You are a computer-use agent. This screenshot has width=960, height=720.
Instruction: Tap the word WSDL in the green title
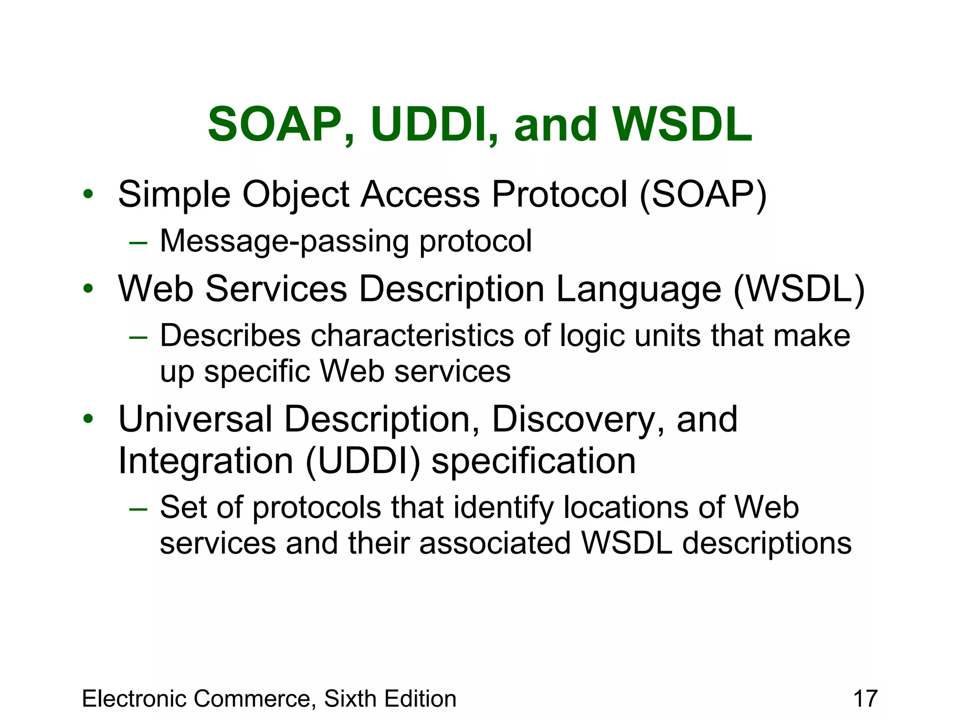point(682,125)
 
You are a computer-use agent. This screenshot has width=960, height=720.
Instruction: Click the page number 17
point(865,698)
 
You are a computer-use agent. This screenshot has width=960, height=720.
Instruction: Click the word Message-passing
point(285,241)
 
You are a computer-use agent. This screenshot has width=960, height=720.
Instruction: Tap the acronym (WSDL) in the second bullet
point(799,289)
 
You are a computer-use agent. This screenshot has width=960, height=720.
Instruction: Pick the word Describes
point(230,336)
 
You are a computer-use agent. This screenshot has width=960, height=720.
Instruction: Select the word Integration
point(206,461)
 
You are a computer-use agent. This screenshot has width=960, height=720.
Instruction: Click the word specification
point(533,461)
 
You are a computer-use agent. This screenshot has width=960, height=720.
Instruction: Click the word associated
point(495,543)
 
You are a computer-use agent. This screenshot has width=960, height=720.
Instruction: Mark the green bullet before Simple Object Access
point(88,194)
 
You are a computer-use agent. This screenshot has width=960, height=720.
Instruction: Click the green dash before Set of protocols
point(138,509)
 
